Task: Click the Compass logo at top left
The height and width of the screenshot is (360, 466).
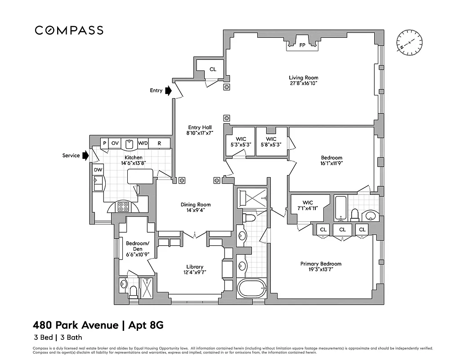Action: pos(69,31)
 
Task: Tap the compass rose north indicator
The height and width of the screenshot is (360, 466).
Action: pos(410,44)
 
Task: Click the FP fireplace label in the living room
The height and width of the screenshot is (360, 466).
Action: pos(302,45)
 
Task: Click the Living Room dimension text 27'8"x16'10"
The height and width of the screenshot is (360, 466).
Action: pos(304,83)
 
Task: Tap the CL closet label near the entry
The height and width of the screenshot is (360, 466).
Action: pos(213,69)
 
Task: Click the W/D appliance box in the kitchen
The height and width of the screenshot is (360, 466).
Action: pos(143,143)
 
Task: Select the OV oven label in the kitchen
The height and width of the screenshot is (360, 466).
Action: pos(115,143)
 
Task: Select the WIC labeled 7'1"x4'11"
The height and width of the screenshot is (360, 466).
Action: pos(308,206)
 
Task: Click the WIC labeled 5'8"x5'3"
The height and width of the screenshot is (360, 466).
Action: pos(271,142)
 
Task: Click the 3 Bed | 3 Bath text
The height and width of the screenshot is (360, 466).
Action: pos(57,337)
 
